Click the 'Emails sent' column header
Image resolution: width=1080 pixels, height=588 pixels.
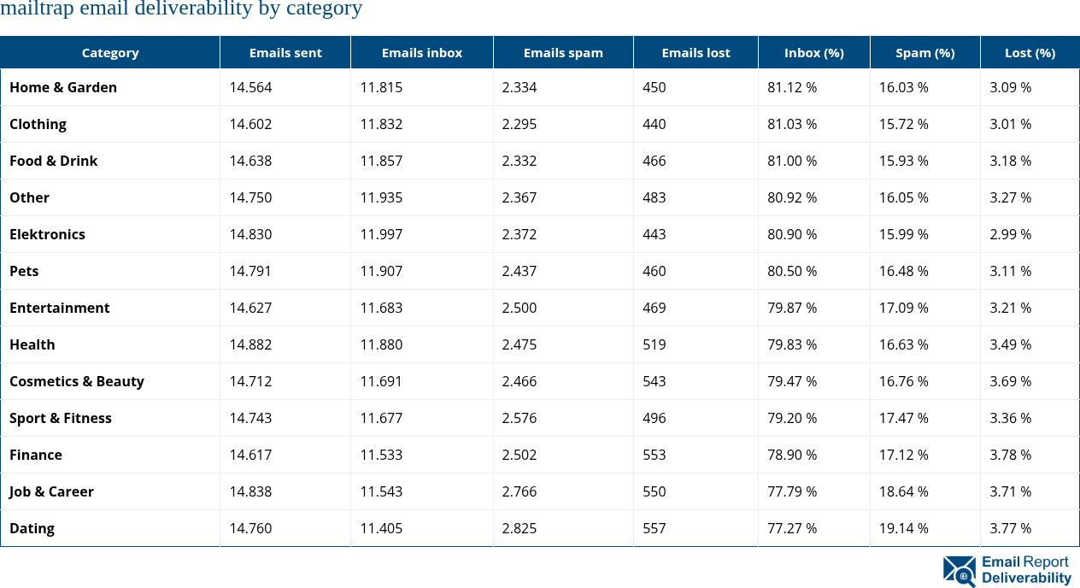click(285, 53)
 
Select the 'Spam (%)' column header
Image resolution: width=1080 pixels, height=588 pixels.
click(924, 53)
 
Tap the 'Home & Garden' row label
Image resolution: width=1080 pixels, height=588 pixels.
click(63, 87)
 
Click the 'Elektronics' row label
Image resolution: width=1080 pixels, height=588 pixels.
click(48, 234)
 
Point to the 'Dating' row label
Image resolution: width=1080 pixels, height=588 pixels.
click(32, 528)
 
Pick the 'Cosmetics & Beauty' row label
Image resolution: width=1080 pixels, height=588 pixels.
click(77, 381)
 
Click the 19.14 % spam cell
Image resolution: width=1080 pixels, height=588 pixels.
click(904, 528)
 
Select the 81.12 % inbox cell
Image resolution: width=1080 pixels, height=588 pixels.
click(792, 87)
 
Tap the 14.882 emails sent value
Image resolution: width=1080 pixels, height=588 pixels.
click(250, 344)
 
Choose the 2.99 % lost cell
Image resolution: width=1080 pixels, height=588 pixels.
click(1010, 234)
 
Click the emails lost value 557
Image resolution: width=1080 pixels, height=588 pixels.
click(654, 528)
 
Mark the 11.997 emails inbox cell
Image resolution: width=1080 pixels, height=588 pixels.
click(381, 234)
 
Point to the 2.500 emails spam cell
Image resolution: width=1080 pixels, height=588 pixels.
click(519, 308)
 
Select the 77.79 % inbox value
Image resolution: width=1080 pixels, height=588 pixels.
click(792, 491)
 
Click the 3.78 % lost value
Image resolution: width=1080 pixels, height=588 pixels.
click(1010, 455)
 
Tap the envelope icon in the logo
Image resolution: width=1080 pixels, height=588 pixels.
click(959, 571)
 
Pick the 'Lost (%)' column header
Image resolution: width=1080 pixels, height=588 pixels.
click(1030, 53)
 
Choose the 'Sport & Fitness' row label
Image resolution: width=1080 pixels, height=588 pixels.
click(61, 418)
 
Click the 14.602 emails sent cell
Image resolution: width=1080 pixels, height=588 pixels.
click(250, 124)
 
